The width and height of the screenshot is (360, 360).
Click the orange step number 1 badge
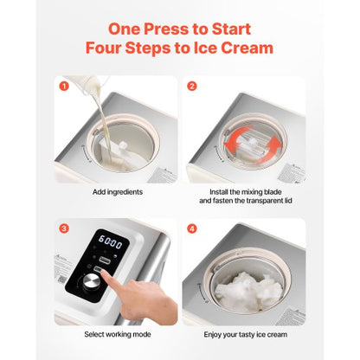point(61,87)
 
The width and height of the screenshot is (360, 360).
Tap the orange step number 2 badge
point(193,87)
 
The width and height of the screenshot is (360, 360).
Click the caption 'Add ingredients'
point(113,190)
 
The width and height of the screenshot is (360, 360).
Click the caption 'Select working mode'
point(113,333)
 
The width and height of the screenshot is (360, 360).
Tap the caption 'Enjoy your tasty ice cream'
point(246,333)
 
